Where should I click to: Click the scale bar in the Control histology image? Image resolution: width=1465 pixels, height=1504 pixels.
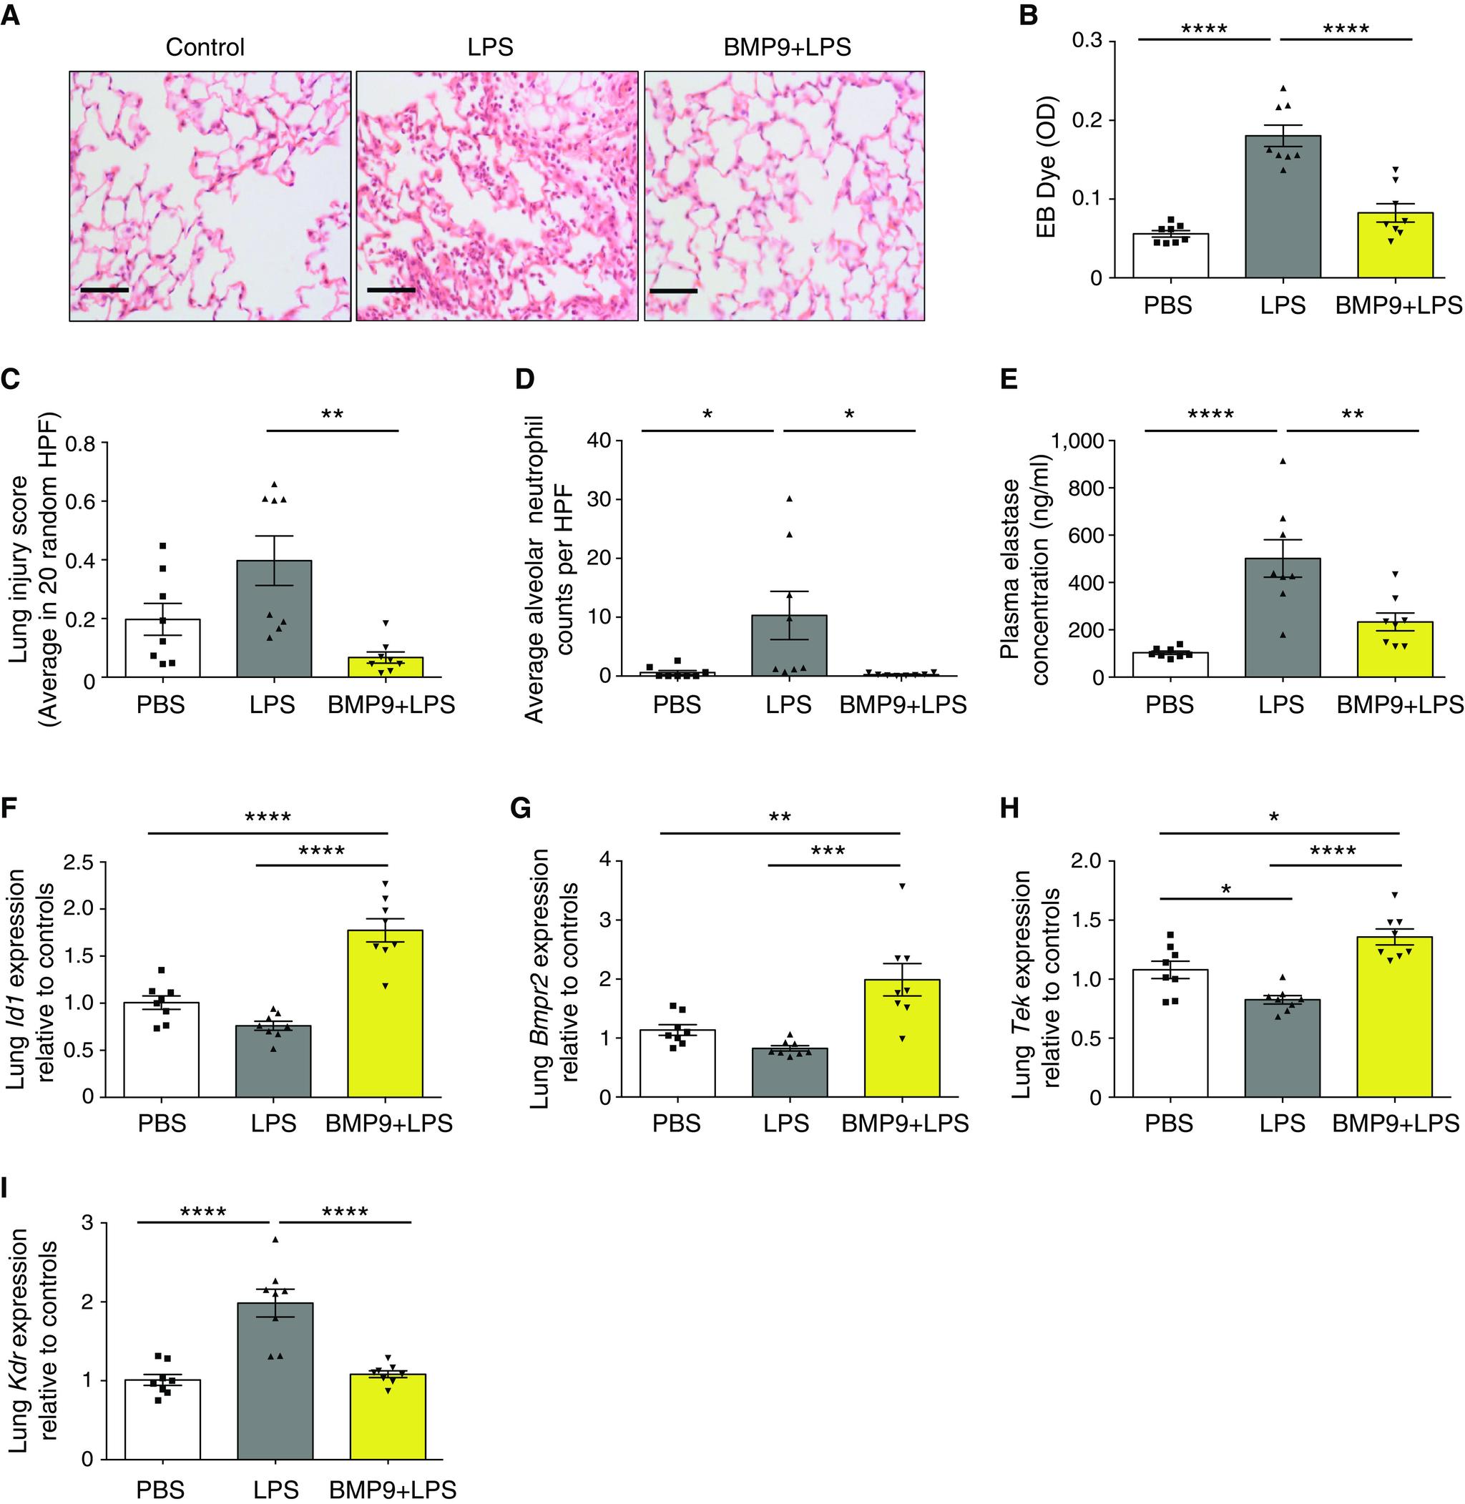click(104, 291)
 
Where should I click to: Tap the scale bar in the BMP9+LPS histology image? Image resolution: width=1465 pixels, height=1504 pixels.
click(673, 292)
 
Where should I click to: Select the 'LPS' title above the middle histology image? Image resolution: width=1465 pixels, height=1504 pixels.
click(490, 48)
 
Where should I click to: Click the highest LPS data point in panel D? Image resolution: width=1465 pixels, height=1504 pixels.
click(789, 498)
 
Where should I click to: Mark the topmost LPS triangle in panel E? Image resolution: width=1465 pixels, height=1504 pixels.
click(1283, 461)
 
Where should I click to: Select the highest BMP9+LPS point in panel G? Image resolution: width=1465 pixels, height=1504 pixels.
click(903, 886)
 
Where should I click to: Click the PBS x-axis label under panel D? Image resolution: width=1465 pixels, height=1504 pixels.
click(677, 704)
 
